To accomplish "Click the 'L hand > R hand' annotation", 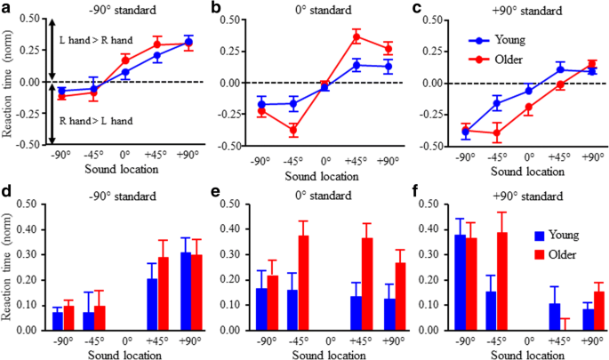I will coord(94,42).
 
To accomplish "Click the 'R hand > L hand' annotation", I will coord(94,119).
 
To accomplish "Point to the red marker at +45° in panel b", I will coord(357,36).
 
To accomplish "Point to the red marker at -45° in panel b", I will coord(292,130).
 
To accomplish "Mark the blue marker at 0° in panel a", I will coord(125,72).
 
